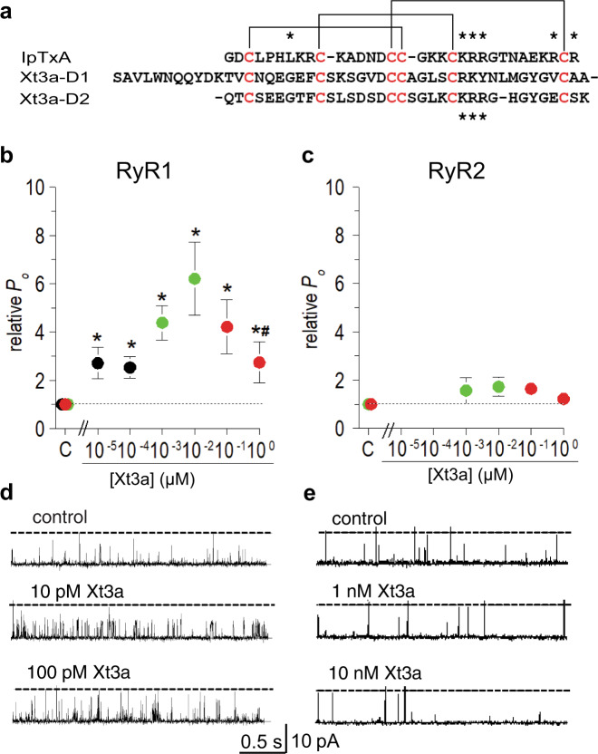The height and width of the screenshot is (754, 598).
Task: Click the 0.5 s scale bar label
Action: (262, 740)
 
